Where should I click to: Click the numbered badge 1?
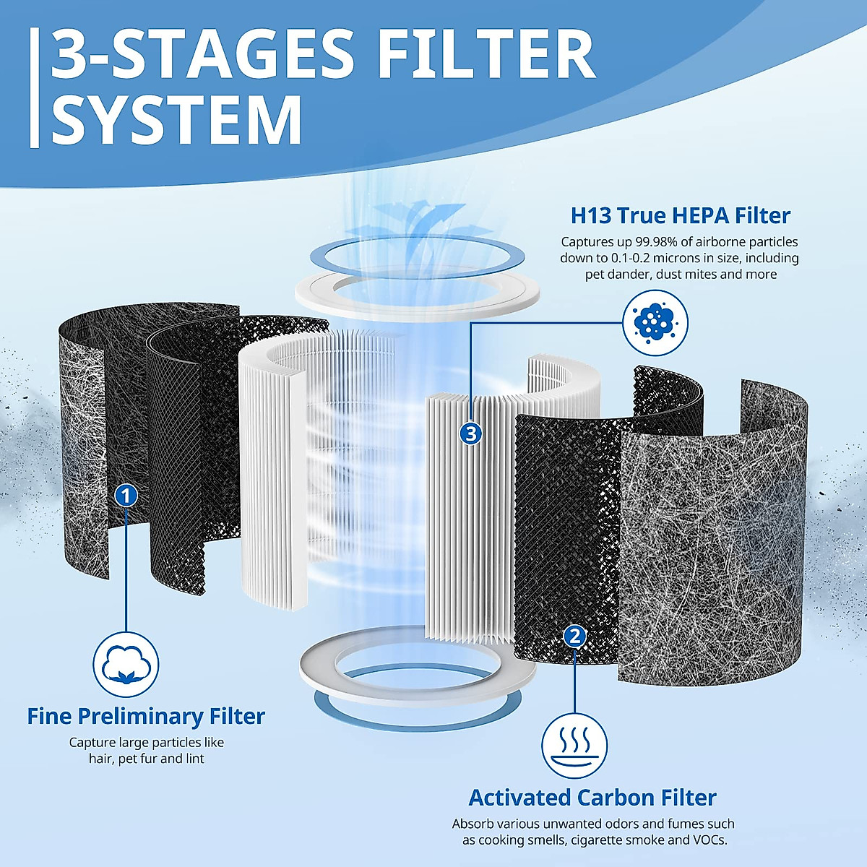tap(126, 496)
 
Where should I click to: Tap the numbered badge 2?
tap(574, 636)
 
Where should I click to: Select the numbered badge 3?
tap(471, 433)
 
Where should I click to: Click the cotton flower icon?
tap(126, 665)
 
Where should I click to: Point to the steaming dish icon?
tap(574, 746)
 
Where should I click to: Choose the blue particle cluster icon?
tap(655, 322)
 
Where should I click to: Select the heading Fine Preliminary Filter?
tap(146, 716)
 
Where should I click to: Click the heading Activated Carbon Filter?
tap(592, 798)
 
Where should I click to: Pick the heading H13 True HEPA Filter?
tap(680, 215)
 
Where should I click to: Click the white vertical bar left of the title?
tap(34, 87)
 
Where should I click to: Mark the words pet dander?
tap(616, 275)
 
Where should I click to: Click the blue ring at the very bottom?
tap(418, 712)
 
